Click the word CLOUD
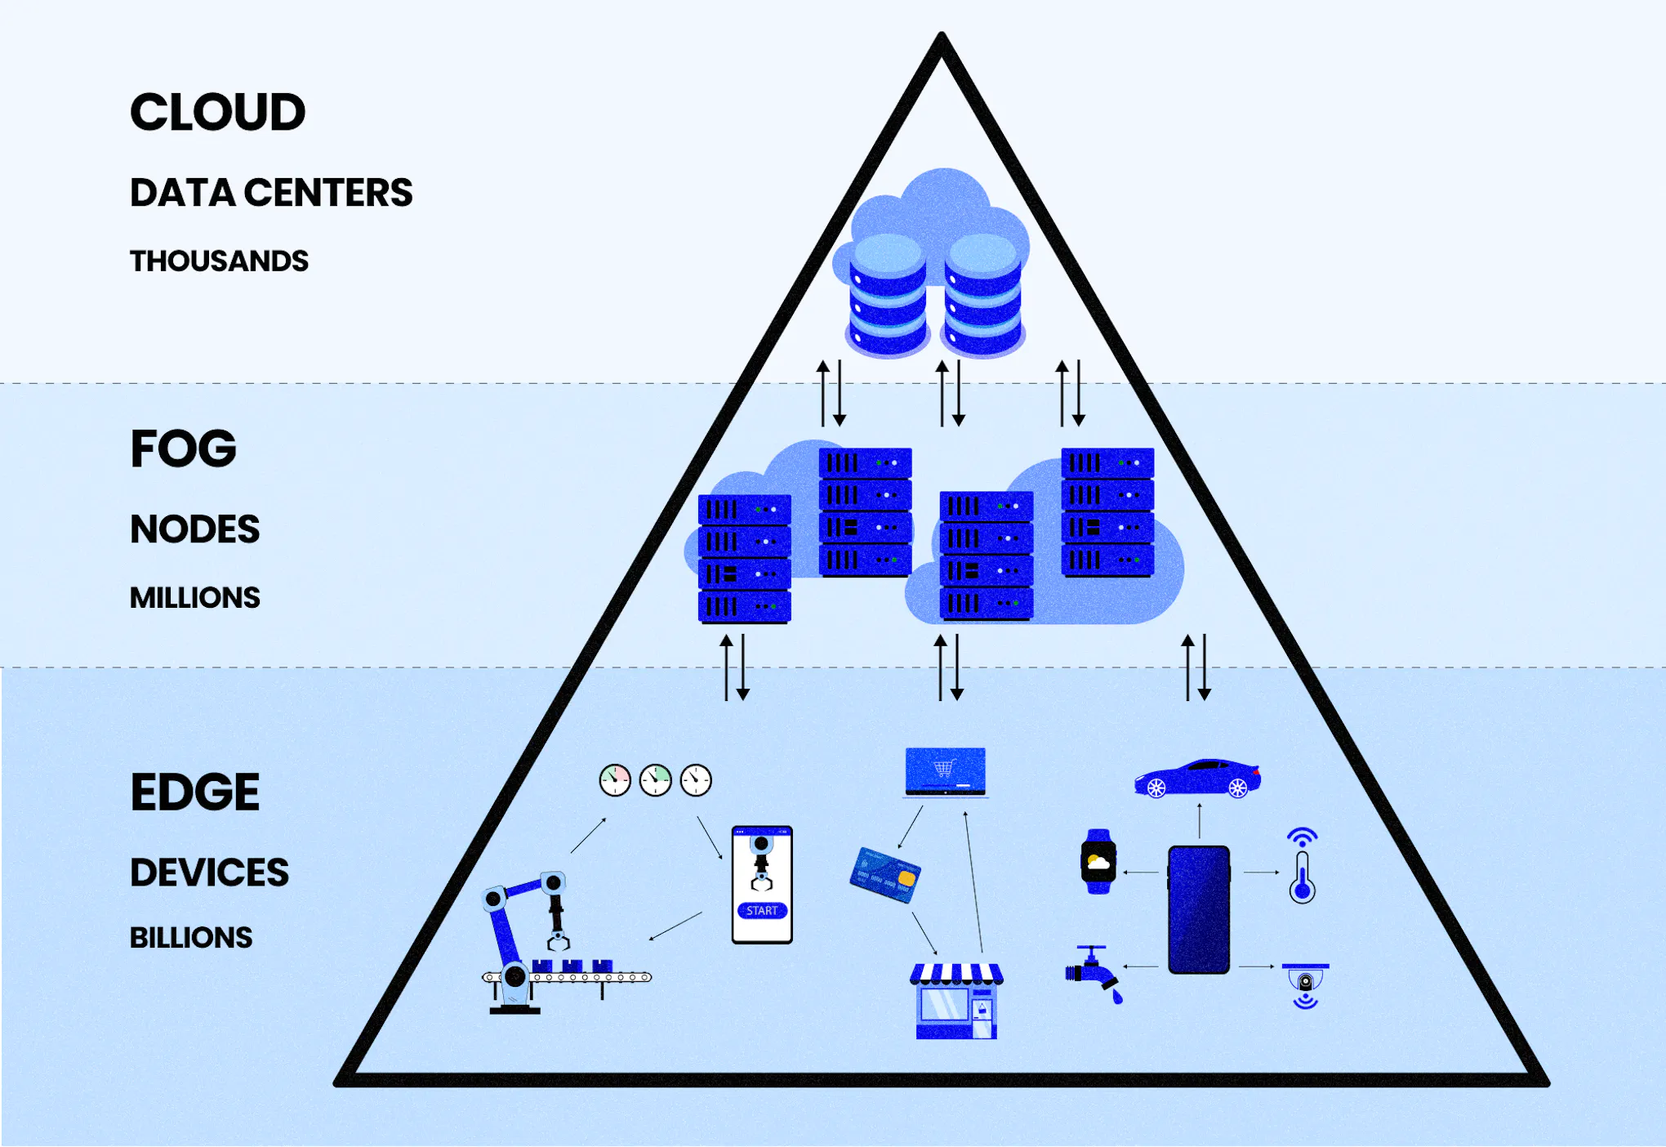tap(217, 112)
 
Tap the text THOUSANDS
tap(219, 261)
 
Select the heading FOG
tap(183, 449)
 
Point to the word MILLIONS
tap(194, 598)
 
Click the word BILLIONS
tap(191, 938)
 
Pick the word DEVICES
tap(209, 873)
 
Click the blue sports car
tap(1197, 778)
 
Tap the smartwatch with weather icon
tap(1098, 862)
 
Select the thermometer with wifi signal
tap(1302, 868)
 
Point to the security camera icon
tap(1305, 984)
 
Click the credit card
tap(885, 875)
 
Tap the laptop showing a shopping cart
tap(946, 771)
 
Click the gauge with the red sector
tap(615, 781)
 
